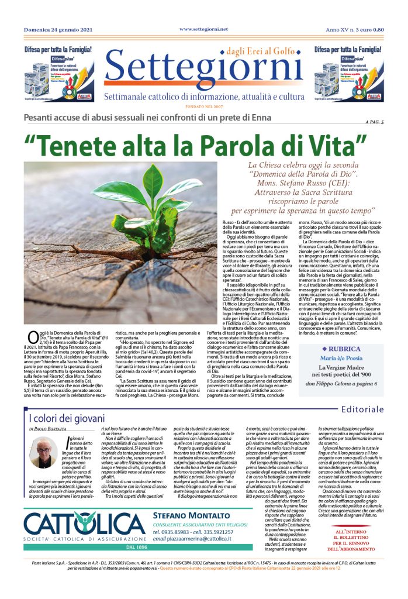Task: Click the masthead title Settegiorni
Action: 203,72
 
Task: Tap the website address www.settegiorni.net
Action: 203,29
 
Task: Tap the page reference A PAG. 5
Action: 373,122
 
